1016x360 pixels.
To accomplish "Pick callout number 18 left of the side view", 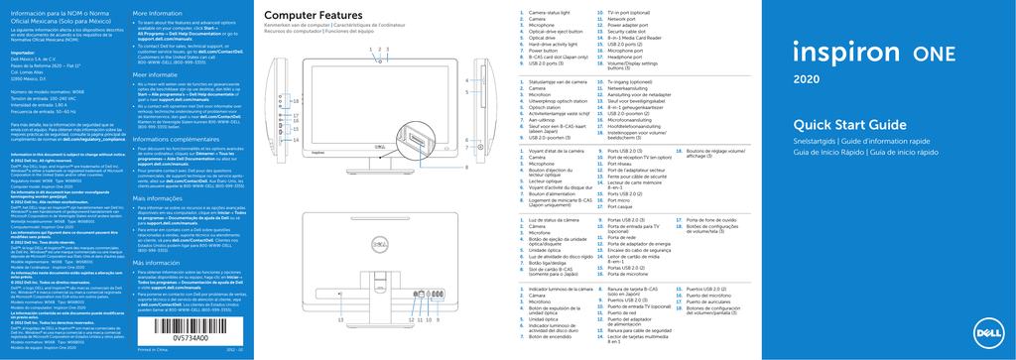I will [295, 102].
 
